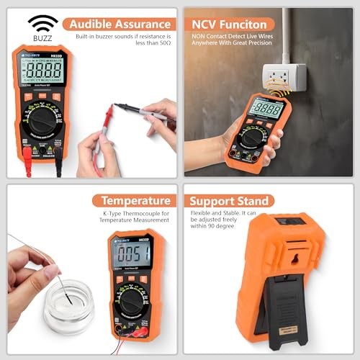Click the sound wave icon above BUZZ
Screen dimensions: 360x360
pyautogui.click(x=44, y=22)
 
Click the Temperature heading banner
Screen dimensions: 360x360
pyautogui.click(x=136, y=200)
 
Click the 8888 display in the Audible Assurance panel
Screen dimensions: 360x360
pyautogui.click(x=42, y=72)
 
